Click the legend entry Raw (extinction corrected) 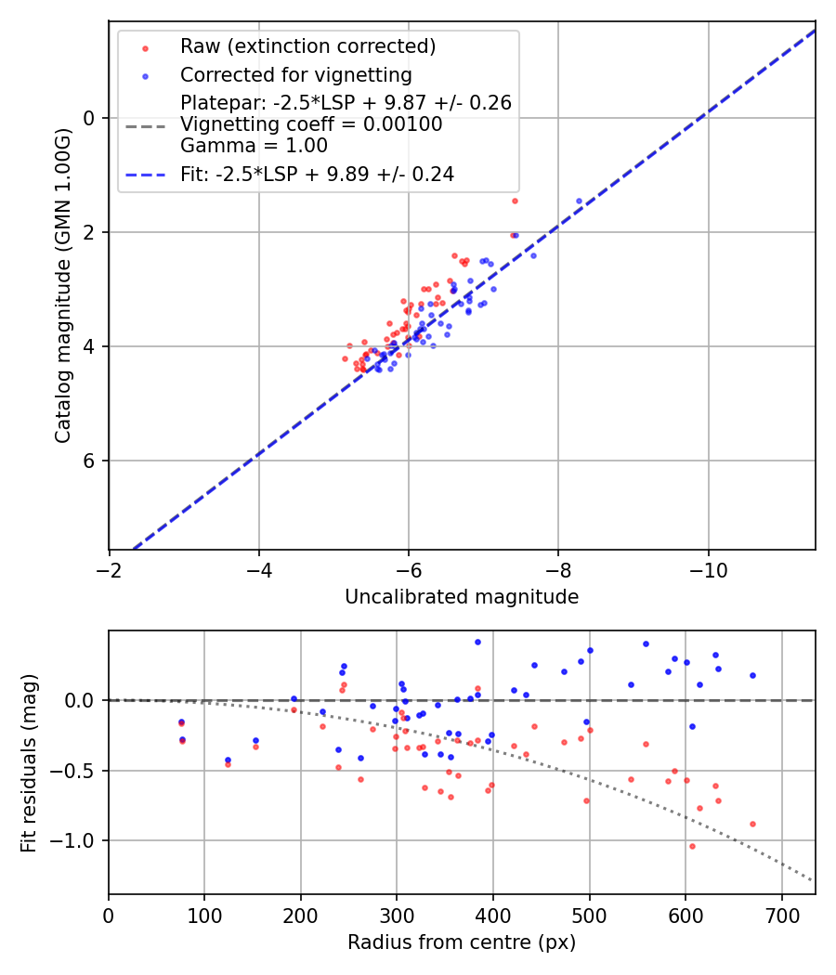307,46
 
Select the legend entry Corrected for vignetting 295,75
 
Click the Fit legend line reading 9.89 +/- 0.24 317,174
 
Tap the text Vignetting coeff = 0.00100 311,124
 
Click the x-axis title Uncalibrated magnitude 462,597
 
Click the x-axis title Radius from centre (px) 462,942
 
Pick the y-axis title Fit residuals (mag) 29,762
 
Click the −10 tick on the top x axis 708,565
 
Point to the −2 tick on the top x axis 110,565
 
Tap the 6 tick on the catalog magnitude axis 90,461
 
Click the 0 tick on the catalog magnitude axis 90,118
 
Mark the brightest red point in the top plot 515,201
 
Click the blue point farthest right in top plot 579,201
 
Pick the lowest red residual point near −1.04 692,846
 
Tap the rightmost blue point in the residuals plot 752,675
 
